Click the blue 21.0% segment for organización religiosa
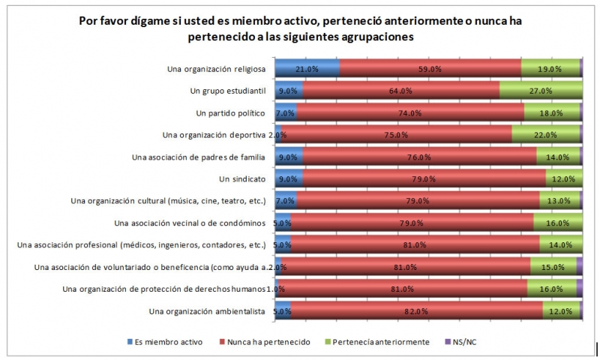coord(307,69)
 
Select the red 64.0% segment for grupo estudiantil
coord(401,91)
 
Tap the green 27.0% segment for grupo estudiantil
coord(541,91)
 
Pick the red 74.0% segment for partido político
coord(410,113)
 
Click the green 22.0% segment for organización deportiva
coord(545,135)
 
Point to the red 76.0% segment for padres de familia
coord(419,157)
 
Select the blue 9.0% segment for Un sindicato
coord(289,179)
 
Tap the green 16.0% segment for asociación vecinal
coord(557,223)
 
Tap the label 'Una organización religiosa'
coord(217,69)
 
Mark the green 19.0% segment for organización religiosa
coord(550,69)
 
